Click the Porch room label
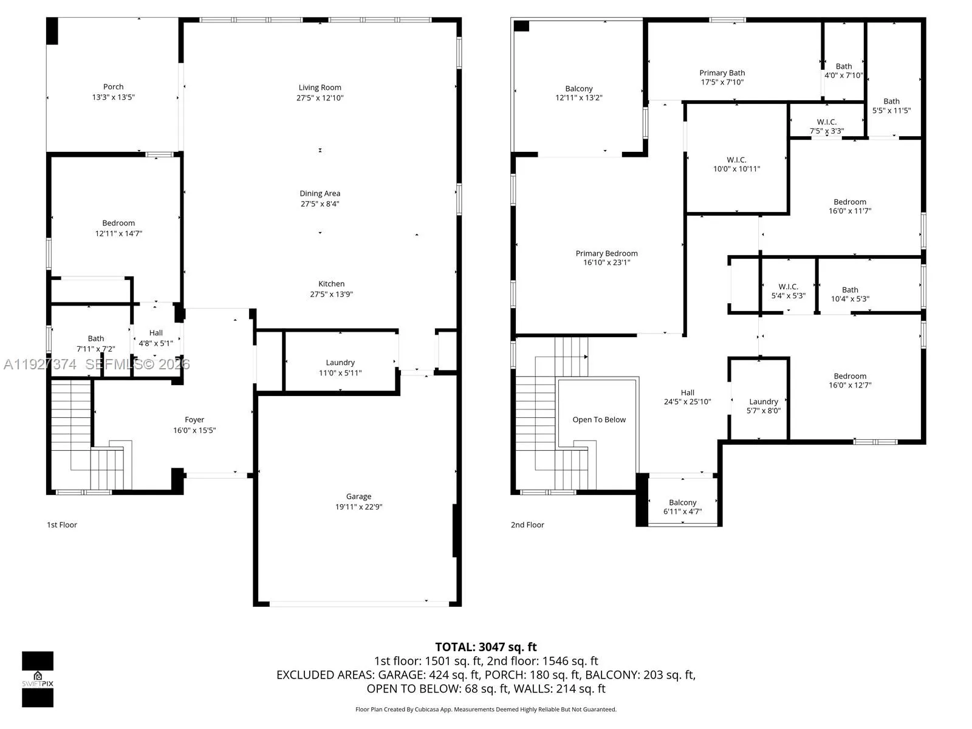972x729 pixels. coord(113,87)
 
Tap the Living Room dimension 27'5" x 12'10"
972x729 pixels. coord(320,98)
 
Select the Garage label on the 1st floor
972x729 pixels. coord(358,496)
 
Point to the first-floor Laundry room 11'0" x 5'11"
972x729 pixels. coord(340,368)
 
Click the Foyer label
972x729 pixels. coord(194,420)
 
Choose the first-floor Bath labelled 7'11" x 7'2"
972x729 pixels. coord(96,344)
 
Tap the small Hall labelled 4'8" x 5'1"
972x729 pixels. coord(156,338)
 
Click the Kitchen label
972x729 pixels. coord(331,284)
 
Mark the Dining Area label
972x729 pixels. coord(320,194)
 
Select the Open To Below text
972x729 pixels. coord(599,420)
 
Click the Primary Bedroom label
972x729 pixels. coord(606,253)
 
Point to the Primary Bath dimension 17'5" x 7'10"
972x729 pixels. coord(722,82)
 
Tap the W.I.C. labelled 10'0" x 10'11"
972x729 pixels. coord(736,164)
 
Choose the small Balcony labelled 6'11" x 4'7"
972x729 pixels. coord(682,507)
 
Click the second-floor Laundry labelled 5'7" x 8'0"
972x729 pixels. coord(763,406)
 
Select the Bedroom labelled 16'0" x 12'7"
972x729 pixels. coord(849,380)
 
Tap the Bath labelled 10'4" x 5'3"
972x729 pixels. coord(850,294)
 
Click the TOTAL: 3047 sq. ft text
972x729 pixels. coord(485,647)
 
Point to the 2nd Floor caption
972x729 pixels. coord(527,525)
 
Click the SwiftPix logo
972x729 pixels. coord(38,679)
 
